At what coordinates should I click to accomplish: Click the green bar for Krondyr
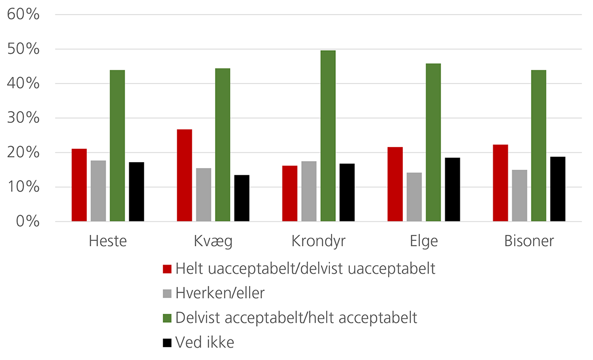(328, 136)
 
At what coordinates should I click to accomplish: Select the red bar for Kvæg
(184, 175)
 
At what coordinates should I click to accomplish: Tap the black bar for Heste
(136, 191)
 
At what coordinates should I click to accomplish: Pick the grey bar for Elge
(414, 197)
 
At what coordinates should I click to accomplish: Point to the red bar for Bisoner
(500, 183)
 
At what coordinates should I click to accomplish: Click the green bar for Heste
(117, 146)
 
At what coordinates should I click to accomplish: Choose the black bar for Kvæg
(242, 198)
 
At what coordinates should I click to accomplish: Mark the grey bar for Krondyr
(309, 191)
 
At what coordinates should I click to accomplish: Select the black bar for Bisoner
(557, 189)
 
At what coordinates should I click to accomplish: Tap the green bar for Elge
(433, 142)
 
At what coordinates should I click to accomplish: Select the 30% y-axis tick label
(24, 118)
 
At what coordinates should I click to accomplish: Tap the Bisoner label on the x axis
(529, 241)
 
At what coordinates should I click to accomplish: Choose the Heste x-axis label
(108, 241)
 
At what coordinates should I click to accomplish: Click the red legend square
(167, 269)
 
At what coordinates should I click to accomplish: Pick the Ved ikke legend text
(205, 342)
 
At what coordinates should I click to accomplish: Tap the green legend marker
(167, 318)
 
